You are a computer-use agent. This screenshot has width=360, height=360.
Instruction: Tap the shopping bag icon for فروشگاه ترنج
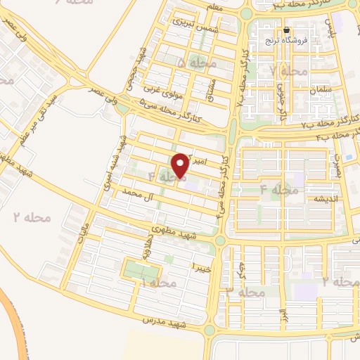point(287,31)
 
